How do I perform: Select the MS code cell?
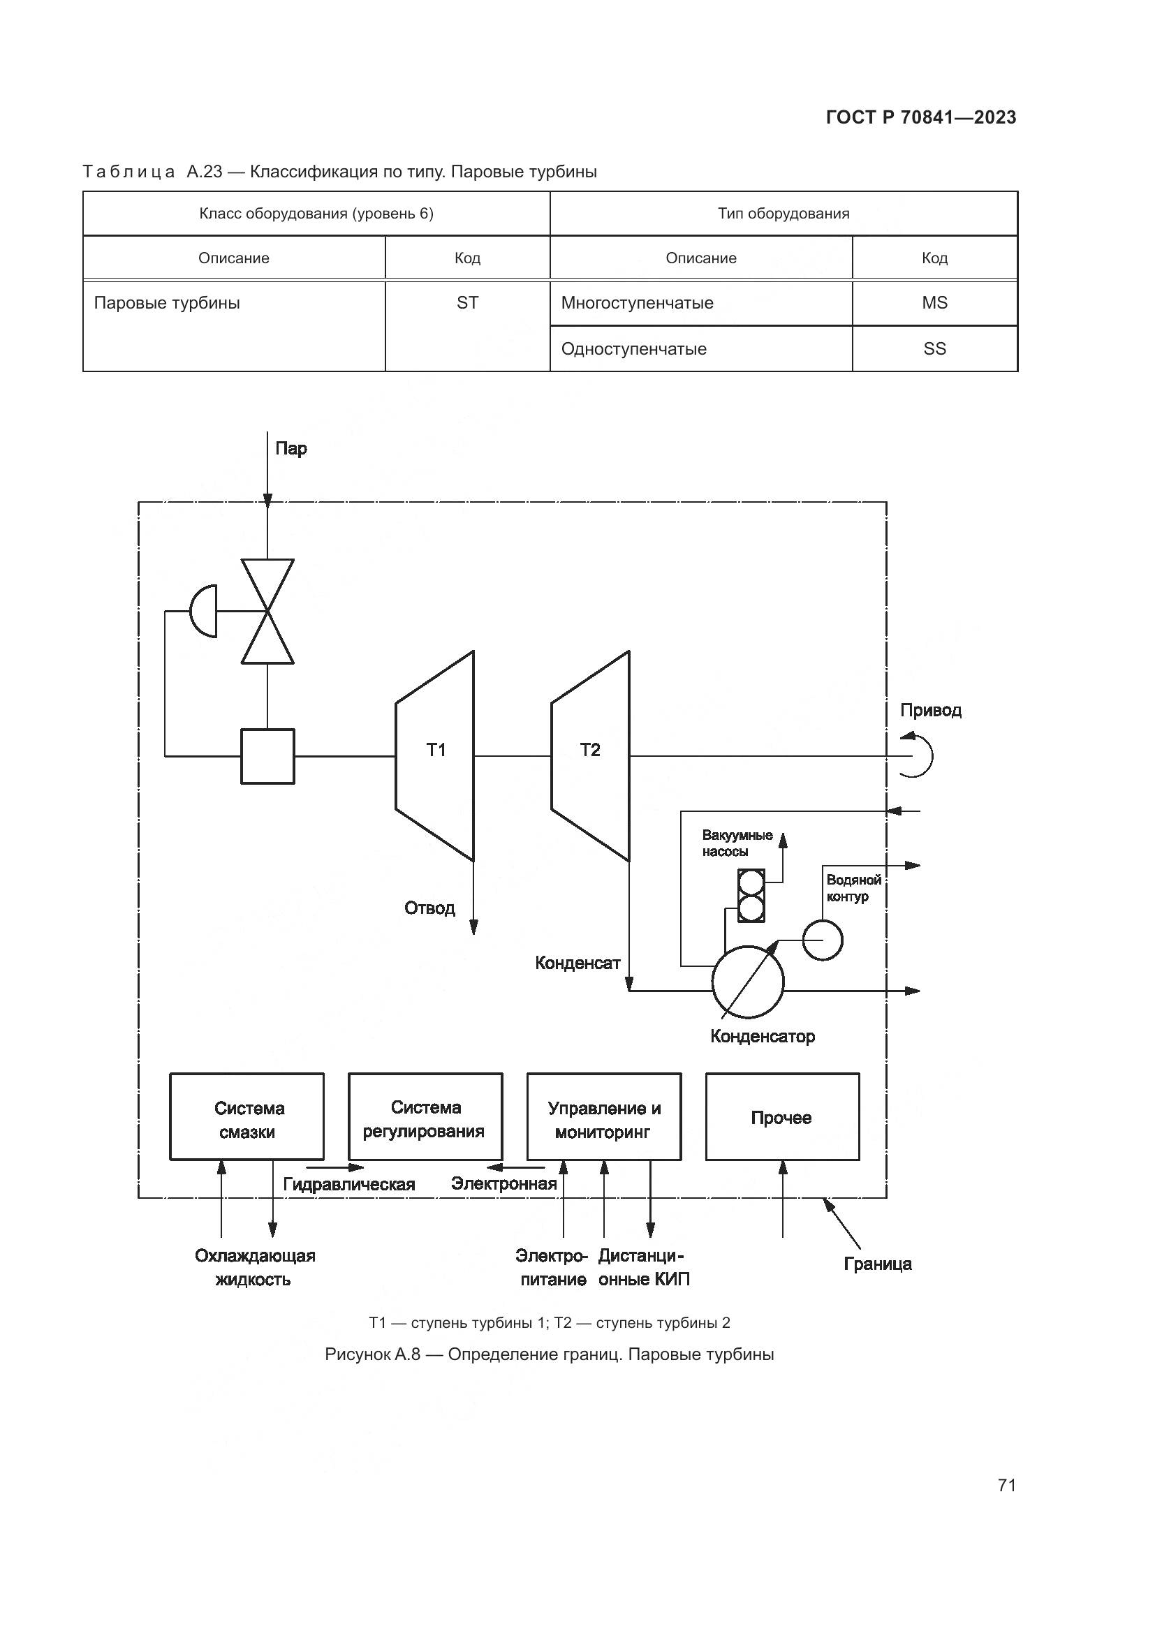click(x=934, y=303)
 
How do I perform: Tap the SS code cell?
click(x=934, y=348)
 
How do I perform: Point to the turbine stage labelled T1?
click(x=434, y=755)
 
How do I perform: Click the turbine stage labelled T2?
click(x=589, y=755)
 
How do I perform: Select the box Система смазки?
click(x=247, y=1118)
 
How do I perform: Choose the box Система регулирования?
click(x=425, y=1118)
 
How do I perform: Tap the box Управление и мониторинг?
click(x=603, y=1118)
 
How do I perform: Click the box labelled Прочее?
click(x=781, y=1118)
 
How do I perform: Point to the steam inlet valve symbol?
click(x=267, y=611)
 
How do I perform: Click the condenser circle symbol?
click(x=747, y=982)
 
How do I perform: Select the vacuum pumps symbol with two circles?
click(x=751, y=896)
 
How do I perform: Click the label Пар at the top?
click(x=291, y=449)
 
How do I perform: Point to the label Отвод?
click(x=429, y=908)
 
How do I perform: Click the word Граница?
click(x=878, y=1264)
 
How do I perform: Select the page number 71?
click(x=1006, y=1485)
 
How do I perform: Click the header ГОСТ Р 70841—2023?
click(x=921, y=117)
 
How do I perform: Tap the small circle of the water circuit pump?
click(x=822, y=940)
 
